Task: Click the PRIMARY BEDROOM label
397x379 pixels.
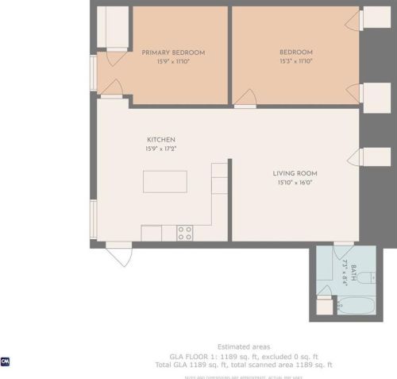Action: coord(173,52)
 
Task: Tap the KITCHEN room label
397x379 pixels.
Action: coord(160,140)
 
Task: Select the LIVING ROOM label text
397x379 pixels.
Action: coord(295,173)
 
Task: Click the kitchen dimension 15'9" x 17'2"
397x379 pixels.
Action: coord(160,149)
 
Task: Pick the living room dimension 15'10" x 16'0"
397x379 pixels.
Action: coord(295,182)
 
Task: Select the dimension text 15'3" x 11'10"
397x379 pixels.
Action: coord(296,61)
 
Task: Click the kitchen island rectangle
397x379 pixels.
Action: coord(165,181)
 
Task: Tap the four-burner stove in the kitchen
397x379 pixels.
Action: coord(184,233)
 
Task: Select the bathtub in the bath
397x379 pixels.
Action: coord(359,306)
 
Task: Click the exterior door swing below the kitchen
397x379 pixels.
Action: coord(119,255)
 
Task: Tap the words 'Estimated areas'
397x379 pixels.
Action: coord(244,346)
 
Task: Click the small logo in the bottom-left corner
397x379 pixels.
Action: coord(6,362)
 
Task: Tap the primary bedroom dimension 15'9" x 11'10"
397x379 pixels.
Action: coord(173,61)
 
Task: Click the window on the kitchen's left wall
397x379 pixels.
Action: coord(94,219)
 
